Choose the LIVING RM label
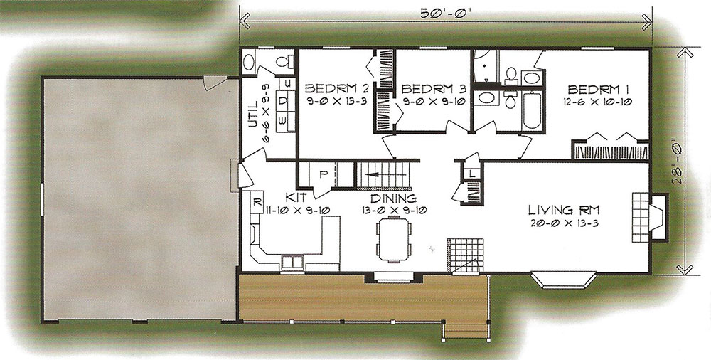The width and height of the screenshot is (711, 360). (x=564, y=210)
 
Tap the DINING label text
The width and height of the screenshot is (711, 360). (x=394, y=198)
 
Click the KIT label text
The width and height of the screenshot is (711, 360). (x=296, y=198)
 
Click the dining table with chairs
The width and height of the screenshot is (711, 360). (x=394, y=238)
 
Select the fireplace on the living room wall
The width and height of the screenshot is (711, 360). (x=651, y=217)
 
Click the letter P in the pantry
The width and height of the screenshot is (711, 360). (x=324, y=175)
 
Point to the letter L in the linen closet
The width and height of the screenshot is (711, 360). (x=472, y=173)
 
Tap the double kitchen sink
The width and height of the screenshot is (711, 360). (x=292, y=263)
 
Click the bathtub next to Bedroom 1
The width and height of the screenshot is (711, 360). (x=531, y=111)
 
